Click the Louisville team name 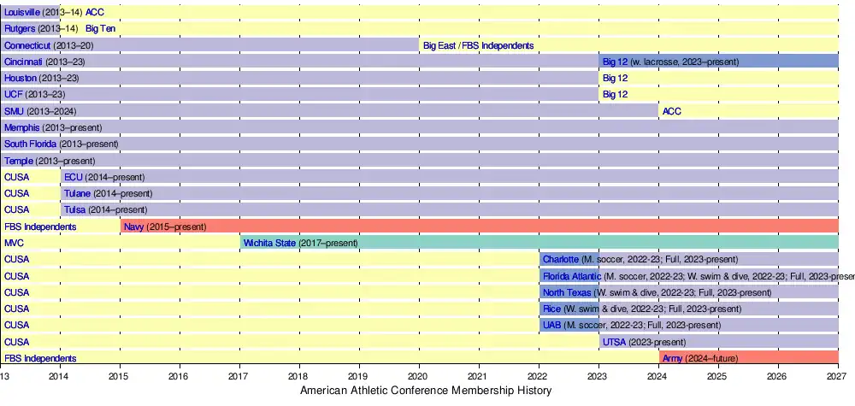(x=21, y=12)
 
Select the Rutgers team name (x=19, y=28)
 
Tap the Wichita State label (x=269, y=244)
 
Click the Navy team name (x=133, y=227)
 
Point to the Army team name (x=672, y=359)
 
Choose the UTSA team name (x=614, y=342)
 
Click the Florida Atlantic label (x=571, y=276)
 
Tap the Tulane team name (x=77, y=194)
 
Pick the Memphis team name (x=21, y=127)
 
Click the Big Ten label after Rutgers (x=101, y=28)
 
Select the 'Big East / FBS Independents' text (x=478, y=45)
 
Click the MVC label (x=15, y=244)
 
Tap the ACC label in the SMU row (x=672, y=111)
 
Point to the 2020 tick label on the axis (x=418, y=375)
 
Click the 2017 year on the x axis (x=239, y=375)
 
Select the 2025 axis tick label (x=717, y=375)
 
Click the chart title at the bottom (x=427, y=391)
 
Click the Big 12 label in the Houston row (x=615, y=78)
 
